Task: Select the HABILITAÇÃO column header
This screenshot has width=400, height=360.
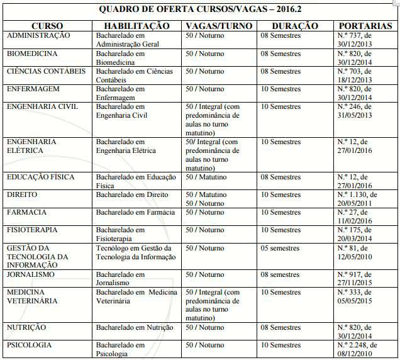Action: click(x=136, y=26)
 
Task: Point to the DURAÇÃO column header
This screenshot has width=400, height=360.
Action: click(x=296, y=26)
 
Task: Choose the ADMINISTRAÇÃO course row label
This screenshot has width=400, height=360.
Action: click(x=38, y=36)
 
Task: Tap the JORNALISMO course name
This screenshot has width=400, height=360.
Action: click(x=31, y=275)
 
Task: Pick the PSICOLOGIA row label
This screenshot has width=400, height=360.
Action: click(x=30, y=346)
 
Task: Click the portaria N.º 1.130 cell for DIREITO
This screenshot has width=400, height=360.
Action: click(x=358, y=199)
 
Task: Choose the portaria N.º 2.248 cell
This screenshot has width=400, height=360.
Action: click(x=361, y=349)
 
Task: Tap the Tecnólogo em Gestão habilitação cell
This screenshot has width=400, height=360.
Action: click(x=135, y=252)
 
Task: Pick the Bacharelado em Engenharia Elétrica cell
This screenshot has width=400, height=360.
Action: click(x=125, y=147)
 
